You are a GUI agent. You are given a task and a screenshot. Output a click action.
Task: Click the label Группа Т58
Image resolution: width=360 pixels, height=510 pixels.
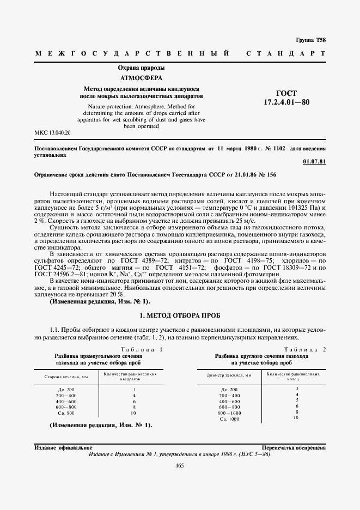pos(310,40)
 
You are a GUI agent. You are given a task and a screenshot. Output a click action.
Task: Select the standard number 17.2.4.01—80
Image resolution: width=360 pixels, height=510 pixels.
pos(286,102)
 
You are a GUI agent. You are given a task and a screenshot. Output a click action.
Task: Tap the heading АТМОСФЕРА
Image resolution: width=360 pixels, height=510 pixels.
pos(141,78)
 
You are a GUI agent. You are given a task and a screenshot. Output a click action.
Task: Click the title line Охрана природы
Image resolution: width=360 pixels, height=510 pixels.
pos(141,68)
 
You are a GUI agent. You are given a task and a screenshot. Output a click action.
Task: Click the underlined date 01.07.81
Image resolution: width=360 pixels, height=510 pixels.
pos(314,162)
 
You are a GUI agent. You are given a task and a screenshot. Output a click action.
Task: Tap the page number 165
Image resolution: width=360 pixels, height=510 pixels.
pos(180,465)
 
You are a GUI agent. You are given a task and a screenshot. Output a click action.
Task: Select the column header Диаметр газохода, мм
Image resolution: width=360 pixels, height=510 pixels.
pos(229,375)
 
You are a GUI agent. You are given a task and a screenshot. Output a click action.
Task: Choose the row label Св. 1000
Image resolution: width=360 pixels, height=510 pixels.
pos(229,418)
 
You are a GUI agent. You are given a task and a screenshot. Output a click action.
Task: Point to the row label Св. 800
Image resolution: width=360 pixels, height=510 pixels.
pos(66,413)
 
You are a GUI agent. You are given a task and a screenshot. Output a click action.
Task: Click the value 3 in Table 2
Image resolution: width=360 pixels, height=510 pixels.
pos(297,388)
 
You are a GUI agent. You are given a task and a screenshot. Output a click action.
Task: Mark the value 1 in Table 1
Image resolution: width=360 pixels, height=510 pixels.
pos(133,390)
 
